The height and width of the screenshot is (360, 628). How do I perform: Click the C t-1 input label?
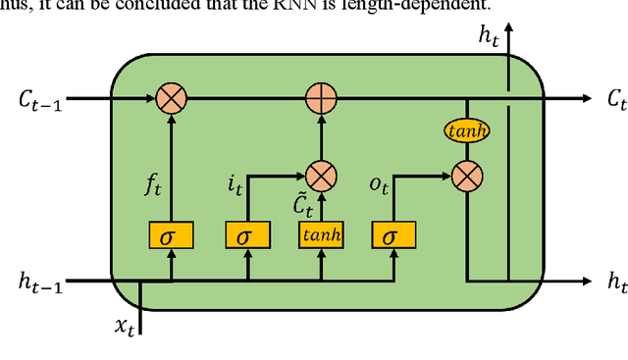(39, 99)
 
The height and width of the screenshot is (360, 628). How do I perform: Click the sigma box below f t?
(171, 235)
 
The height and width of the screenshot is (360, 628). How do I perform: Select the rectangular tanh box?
(320, 235)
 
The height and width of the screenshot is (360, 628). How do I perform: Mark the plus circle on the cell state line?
(320, 98)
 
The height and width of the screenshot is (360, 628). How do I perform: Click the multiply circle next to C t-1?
(171, 98)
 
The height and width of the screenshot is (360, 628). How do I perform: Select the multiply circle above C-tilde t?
(320, 176)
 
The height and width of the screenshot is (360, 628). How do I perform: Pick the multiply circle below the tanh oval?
(467, 176)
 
